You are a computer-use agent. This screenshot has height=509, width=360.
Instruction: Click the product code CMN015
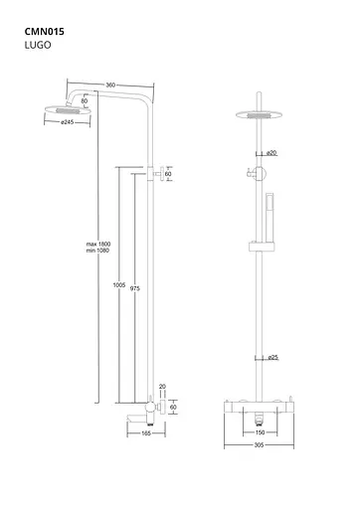pyautogui.click(x=45, y=32)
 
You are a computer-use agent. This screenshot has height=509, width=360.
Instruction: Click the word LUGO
pyautogui.click(x=38, y=45)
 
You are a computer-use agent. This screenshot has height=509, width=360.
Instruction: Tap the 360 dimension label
pyautogui.click(x=110, y=85)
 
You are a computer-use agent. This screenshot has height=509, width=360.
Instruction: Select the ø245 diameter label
pyautogui.click(x=68, y=122)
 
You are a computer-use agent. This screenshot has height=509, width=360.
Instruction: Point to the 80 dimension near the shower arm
pyautogui.click(x=85, y=101)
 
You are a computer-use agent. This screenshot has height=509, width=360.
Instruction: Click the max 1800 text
pyautogui.click(x=98, y=245)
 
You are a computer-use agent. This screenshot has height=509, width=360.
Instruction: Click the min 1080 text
pyautogui.click(x=97, y=251)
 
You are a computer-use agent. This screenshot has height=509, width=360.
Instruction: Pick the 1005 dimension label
pyautogui.click(x=119, y=285)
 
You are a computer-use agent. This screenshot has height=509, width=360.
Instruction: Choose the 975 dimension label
pyautogui.click(x=135, y=288)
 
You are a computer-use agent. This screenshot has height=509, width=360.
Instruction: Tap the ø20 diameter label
pyautogui.click(x=271, y=153)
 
